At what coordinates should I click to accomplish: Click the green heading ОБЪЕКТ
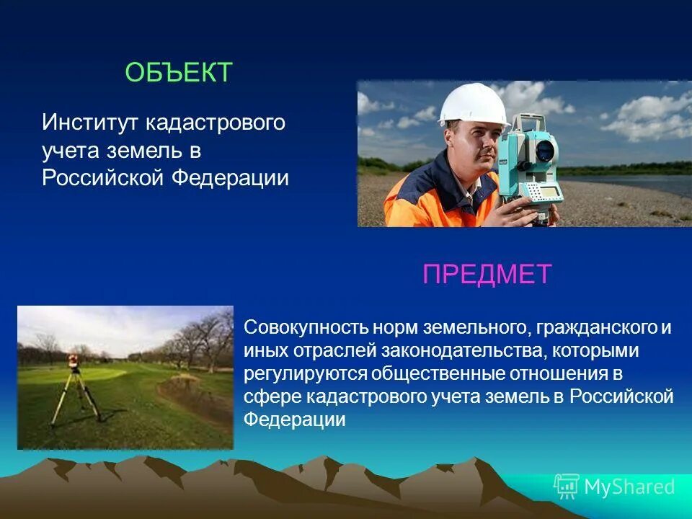click(x=179, y=73)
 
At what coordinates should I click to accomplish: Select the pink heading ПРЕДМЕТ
click(x=487, y=275)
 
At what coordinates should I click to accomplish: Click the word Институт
click(x=92, y=123)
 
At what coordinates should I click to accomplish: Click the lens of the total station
click(x=546, y=150)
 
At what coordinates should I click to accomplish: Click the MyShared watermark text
click(x=629, y=487)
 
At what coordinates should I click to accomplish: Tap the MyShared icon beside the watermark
click(x=566, y=487)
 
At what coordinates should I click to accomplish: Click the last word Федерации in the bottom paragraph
click(x=295, y=420)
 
